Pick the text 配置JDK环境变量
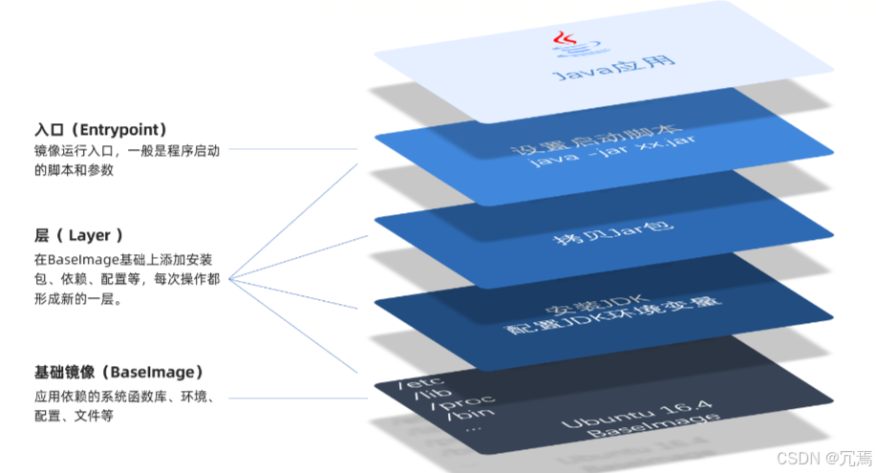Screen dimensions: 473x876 (592, 326)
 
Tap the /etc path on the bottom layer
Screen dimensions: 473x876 (417, 383)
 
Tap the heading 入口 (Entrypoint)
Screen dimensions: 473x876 (101, 129)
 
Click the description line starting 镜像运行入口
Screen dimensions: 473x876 (126, 150)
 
